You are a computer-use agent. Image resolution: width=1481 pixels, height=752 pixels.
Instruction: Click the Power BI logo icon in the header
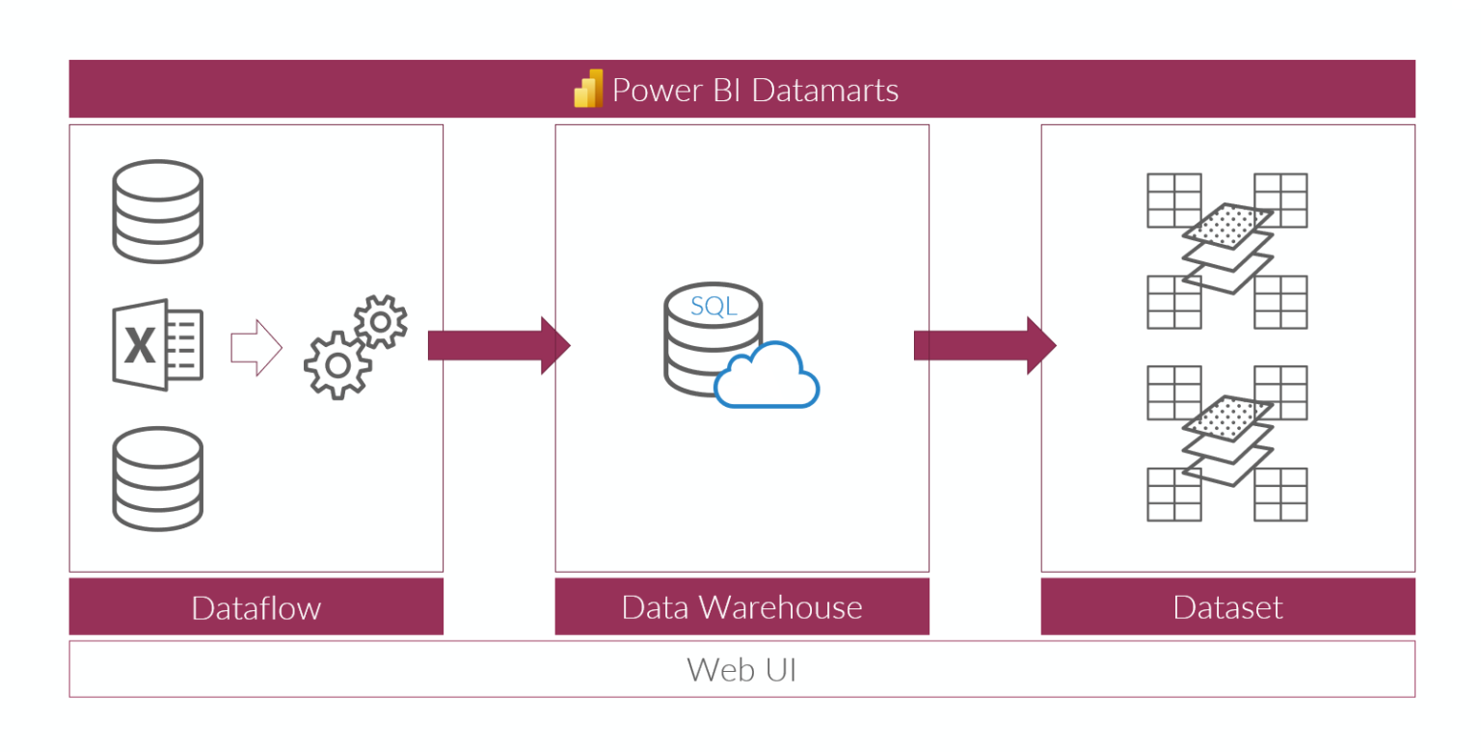tap(588, 89)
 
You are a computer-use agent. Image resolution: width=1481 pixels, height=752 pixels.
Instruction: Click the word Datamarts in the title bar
tap(824, 90)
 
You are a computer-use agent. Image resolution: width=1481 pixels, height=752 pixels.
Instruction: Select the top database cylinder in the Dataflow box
tap(157, 211)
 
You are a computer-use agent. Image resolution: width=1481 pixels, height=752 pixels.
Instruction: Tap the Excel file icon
tap(157, 344)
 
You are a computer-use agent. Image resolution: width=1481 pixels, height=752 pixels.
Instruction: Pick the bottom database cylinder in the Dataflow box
tap(157, 479)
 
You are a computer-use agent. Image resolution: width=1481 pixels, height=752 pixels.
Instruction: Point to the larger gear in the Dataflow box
tap(337, 365)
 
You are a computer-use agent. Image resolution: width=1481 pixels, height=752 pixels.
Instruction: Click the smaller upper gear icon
tap(381, 321)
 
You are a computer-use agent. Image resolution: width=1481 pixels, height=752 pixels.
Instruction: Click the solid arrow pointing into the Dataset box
tap(984, 345)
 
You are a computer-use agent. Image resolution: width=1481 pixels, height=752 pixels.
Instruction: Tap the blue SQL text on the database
tap(714, 307)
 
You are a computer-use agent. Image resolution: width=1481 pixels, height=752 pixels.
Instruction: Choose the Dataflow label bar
tap(256, 607)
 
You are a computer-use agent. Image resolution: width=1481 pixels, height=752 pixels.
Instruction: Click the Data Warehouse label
tap(741, 607)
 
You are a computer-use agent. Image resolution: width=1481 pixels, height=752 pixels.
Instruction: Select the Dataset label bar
tap(1227, 607)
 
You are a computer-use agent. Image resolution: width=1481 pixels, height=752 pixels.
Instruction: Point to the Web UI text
tap(741, 669)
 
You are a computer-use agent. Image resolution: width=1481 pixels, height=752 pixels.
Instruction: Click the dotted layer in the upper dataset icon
tap(1227, 225)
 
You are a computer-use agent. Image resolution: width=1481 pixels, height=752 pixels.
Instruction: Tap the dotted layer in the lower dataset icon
tap(1227, 416)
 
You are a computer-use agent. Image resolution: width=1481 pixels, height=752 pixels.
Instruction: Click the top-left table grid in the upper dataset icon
tap(1173, 200)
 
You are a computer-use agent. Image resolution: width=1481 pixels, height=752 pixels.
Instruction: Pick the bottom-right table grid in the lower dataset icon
tap(1280, 495)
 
